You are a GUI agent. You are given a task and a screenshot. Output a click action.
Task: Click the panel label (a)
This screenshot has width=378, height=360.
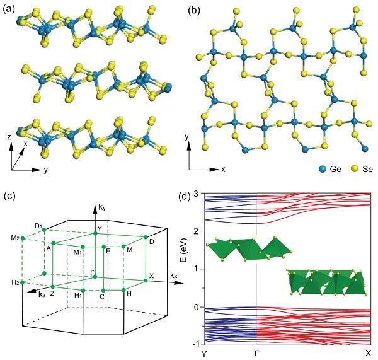[9, 9]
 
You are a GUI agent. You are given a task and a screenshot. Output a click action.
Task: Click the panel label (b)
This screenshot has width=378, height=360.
[194, 11]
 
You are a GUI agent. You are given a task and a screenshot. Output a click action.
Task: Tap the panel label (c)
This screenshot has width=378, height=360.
[9, 196]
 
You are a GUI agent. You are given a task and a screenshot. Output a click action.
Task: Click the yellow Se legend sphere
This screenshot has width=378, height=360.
[355, 169]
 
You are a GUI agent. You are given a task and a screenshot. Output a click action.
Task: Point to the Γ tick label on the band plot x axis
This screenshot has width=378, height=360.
[256, 354]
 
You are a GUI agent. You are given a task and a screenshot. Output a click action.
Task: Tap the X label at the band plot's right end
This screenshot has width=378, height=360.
[368, 354]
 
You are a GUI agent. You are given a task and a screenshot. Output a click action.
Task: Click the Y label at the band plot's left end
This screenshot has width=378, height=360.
[204, 354]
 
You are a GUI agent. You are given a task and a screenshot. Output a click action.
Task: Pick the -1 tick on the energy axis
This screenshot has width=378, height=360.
[196, 344]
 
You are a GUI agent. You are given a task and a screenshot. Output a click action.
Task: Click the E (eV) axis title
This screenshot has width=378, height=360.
[186, 249]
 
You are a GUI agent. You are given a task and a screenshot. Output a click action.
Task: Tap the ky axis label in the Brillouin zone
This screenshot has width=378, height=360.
[102, 207]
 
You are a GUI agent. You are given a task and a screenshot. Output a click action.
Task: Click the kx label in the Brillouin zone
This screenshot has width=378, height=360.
[174, 275]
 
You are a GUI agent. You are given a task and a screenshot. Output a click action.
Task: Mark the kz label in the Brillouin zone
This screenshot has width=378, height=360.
[42, 294]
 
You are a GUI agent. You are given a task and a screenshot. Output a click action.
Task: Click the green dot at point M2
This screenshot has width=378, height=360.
[23, 238]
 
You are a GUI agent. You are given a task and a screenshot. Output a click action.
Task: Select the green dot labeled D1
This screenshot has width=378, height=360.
[44, 230]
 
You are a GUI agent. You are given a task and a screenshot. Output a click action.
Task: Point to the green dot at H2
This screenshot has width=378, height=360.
[23, 282]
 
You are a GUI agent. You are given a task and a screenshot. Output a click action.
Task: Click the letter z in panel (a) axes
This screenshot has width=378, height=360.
[9, 137]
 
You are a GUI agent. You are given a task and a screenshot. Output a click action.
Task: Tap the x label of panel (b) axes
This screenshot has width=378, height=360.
[224, 170]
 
